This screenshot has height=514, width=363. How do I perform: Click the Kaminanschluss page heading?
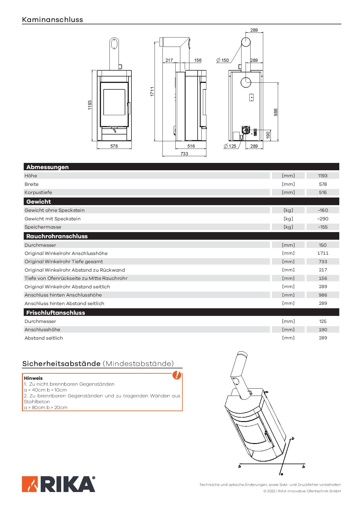point(52,20)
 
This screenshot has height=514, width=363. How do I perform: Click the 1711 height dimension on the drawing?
point(152,91)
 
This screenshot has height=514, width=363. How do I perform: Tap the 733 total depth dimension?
point(184,154)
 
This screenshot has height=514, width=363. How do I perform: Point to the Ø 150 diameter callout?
point(223,60)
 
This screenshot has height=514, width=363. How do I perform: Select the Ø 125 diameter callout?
point(230,146)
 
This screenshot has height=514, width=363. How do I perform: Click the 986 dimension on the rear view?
point(275,112)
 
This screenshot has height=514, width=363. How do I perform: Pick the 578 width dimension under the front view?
point(114,146)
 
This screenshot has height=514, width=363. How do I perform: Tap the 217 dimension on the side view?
point(169,60)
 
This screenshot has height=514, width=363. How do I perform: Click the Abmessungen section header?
point(47,167)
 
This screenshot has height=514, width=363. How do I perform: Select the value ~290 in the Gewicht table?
point(323,219)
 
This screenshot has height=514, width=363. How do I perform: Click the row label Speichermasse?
point(43,227)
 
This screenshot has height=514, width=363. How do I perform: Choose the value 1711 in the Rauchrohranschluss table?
point(323,253)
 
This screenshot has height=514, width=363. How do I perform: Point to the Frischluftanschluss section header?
point(56,312)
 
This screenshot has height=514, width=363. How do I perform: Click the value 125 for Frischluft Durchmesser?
point(323,321)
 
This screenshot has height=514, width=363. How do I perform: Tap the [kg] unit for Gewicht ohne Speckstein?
point(288,210)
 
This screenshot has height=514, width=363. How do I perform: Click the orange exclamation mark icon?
point(177,375)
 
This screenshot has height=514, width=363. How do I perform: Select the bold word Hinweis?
point(33,378)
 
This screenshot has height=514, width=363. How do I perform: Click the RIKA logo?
point(59,484)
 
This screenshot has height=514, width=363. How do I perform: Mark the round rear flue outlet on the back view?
point(246,83)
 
